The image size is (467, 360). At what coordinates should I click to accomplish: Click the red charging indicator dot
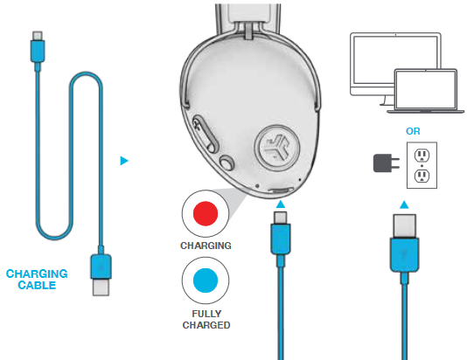[x=206, y=213]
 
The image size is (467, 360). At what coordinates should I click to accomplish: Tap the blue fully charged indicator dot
[x=206, y=280]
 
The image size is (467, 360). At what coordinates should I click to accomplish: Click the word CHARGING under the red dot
[x=206, y=246]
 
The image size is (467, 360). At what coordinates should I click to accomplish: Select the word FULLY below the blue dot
[x=206, y=314]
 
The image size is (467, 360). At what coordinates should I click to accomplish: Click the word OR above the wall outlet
[x=413, y=131]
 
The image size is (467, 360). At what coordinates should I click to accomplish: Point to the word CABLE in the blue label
[x=37, y=285]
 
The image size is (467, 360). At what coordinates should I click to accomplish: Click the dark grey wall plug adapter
[x=386, y=163]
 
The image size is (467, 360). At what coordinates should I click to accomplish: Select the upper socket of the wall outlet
[x=422, y=155]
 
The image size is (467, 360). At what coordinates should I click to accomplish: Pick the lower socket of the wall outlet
[x=422, y=176]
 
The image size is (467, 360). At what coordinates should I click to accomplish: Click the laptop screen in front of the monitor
[x=426, y=88]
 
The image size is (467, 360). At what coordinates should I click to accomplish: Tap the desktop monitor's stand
[x=387, y=100]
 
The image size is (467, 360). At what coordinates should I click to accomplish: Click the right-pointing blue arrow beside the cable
[x=124, y=161]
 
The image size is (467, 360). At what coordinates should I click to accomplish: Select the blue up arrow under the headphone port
[x=280, y=204]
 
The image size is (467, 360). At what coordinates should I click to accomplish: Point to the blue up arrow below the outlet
[x=404, y=204]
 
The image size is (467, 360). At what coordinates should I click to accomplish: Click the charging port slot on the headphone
[x=280, y=190]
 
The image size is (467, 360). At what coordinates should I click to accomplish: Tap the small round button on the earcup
[x=227, y=163]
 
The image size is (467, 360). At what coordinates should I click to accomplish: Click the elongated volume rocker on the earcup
[x=206, y=135]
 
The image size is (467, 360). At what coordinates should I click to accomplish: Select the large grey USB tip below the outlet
[x=404, y=225]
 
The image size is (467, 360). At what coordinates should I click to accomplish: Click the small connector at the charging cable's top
[x=38, y=36]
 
